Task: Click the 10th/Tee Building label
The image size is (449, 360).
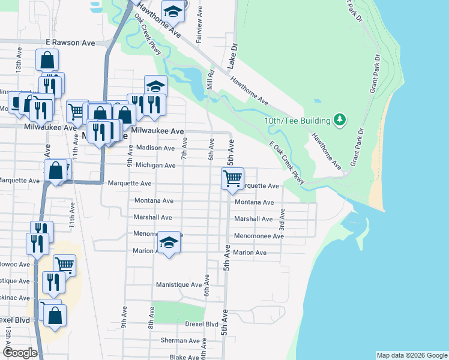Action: [298, 121]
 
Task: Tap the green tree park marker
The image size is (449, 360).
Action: [340, 120]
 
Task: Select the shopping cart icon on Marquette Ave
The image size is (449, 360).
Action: [232, 178]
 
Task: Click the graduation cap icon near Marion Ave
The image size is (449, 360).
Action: [169, 243]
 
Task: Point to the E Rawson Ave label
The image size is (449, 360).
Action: [71, 43]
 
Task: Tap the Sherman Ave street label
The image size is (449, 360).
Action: [180, 340]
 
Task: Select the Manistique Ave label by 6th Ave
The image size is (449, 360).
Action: [178, 284]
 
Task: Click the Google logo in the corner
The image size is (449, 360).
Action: [20, 353]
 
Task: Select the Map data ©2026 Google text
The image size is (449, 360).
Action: [411, 355]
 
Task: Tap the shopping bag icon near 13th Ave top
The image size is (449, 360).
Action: [47, 60]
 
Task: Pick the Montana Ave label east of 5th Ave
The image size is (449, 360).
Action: [254, 202]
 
